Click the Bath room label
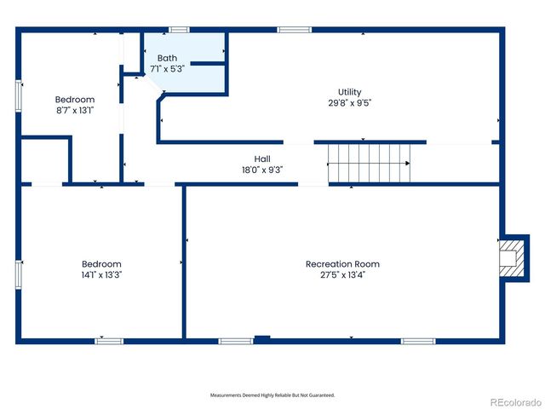[167, 58]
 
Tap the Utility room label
[350, 92]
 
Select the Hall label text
[262, 158]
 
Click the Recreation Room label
[342, 264]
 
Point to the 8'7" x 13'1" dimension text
[75, 110]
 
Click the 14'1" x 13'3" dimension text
[101, 275]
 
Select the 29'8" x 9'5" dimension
[350, 103]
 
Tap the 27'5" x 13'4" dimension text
[342, 275]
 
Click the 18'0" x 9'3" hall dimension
[262, 170]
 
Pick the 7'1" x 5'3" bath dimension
[168, 69]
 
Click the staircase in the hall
[370, 163]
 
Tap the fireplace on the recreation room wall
[510, 257]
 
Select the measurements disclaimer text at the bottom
[272, 395]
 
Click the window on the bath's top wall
[179, 31]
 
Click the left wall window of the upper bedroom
[17, 95]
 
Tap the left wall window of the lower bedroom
[17, 274]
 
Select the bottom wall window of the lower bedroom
[108, 341]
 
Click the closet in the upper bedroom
[44, 162]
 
